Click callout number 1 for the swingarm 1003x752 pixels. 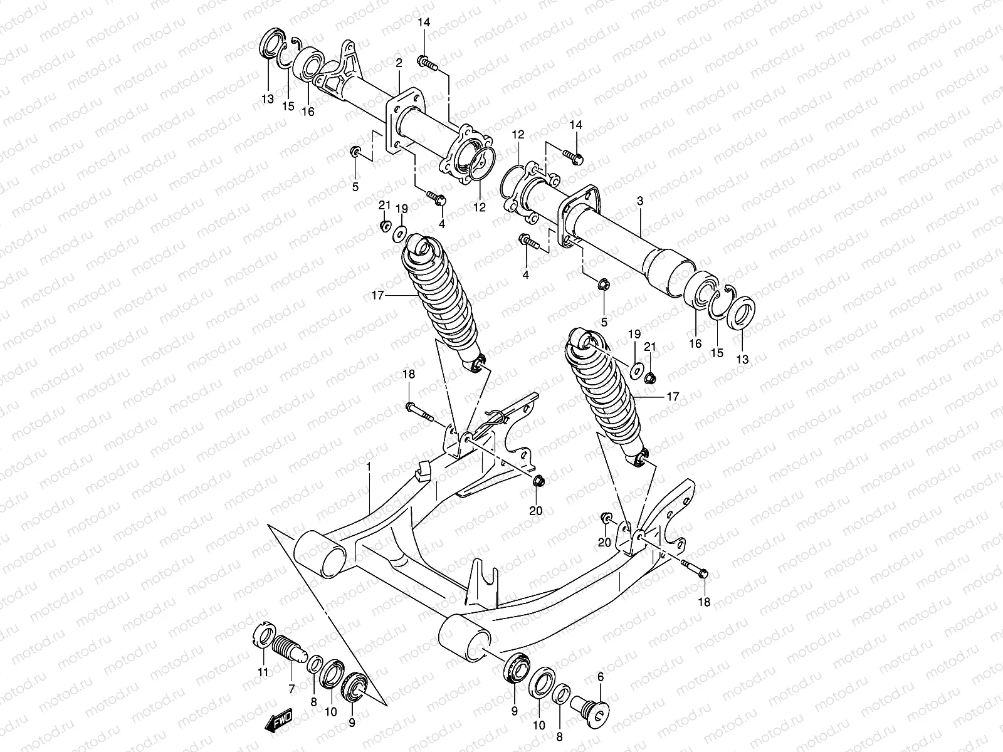click(x=369, y=467)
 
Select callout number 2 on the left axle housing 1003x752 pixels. click(x=399, y=63)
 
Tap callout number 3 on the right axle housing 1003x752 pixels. click(x=639, y=201)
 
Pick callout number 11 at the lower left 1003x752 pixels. click(x=263, y=672)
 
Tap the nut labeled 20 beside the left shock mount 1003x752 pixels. click(x=538, y=482)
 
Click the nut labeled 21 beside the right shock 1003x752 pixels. click(x=651, y=377)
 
